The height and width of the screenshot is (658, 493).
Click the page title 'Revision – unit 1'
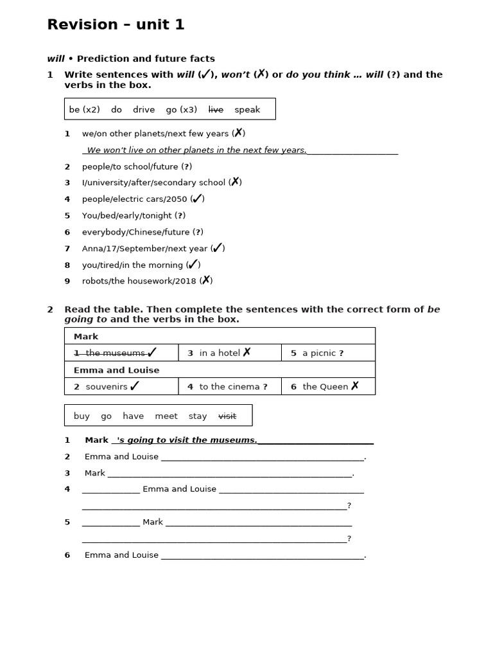116,25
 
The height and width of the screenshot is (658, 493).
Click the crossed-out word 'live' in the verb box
216,110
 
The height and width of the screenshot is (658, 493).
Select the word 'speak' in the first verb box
247,110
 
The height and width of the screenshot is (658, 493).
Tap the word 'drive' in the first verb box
144,110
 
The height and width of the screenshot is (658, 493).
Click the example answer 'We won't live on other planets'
196,150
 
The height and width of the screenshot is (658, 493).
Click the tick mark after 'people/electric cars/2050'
198,199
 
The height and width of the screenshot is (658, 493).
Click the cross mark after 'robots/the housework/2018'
206,280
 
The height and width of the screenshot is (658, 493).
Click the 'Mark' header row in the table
220,336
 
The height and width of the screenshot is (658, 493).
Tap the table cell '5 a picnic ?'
327,353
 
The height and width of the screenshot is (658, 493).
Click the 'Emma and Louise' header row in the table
220,370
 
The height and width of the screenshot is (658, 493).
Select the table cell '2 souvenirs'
121,386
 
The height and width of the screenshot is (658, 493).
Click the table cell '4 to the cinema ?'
229,387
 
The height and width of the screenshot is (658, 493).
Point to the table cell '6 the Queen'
327,387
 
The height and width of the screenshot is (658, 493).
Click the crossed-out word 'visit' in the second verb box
227,416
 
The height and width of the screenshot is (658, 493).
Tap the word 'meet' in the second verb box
166,416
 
